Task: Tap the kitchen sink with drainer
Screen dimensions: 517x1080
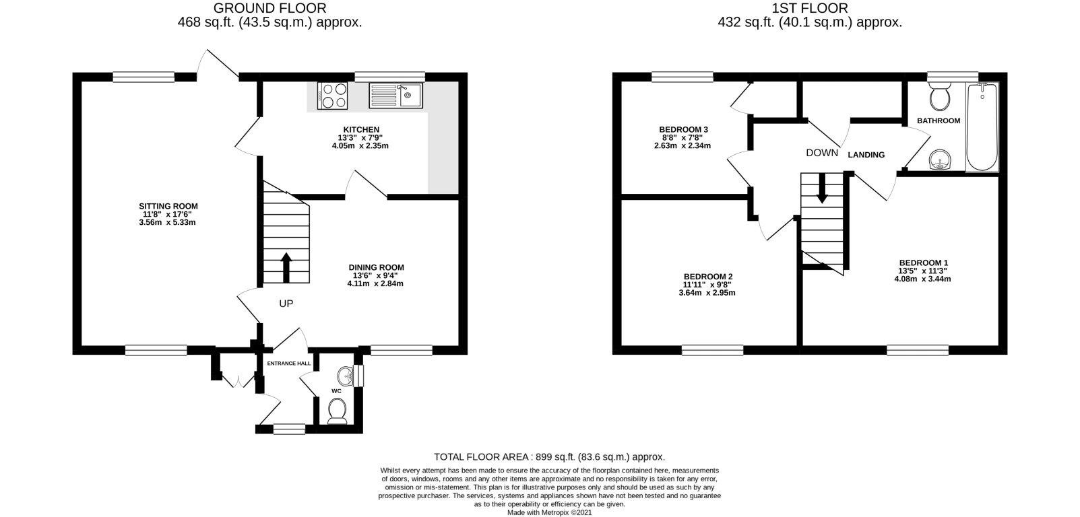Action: [x=395, y=95]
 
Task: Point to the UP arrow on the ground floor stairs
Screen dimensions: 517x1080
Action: [x=286, y=267]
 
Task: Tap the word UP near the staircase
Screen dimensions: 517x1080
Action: [x=286, y=304]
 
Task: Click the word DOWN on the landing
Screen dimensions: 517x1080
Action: [x=822, y=153]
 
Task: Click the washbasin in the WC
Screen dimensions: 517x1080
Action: [x=346, y=374]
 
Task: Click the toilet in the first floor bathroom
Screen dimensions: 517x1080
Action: [x=939, y=98]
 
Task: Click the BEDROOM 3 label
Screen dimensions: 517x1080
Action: [x=683, y=129]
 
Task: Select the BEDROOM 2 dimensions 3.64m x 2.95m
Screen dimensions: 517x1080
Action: [x=707, y=293]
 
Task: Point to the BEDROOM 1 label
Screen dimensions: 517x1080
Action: [x=923, y=263]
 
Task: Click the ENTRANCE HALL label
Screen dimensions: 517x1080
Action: [x=289, y=364]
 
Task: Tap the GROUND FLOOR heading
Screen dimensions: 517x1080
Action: [x=269, y=8]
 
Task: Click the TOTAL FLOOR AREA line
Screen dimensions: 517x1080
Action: [x=550, y=456]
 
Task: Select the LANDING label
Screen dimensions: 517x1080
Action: [x=866, y=155]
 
